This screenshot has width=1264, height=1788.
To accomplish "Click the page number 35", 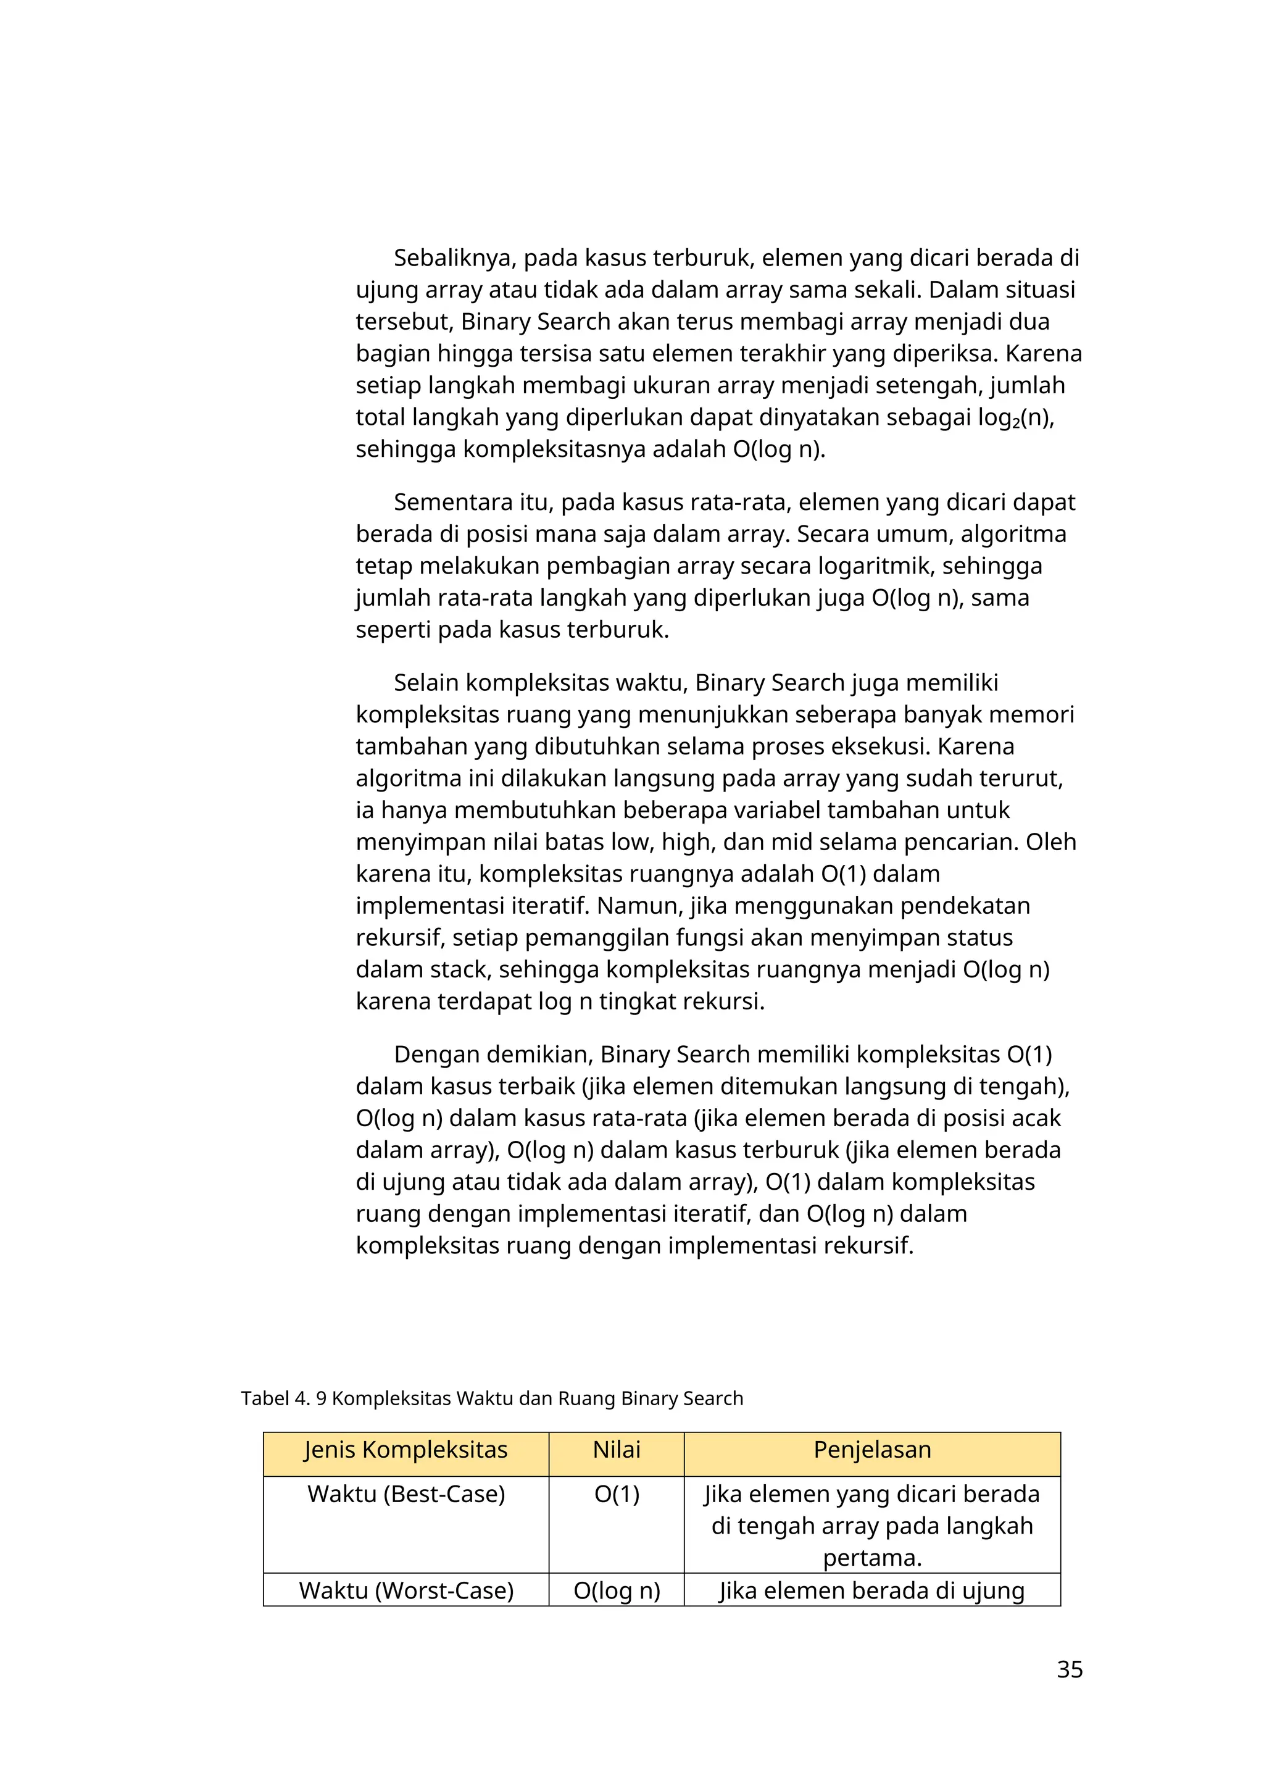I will point(1070,1669).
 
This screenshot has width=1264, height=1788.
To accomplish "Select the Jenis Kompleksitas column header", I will point(405,1450).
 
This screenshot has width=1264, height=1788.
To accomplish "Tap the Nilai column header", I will point(617,1450).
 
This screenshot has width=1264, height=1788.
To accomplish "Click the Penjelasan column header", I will point(871,1450).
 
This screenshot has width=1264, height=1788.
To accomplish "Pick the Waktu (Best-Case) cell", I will point(405,1494).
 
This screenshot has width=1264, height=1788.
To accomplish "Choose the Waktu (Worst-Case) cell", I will point(405,1590).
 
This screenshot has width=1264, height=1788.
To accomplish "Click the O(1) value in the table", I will point(617,1494).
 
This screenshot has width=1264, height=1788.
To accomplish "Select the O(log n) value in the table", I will point(617,1590).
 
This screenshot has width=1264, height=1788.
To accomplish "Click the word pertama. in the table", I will point(871,1558).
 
